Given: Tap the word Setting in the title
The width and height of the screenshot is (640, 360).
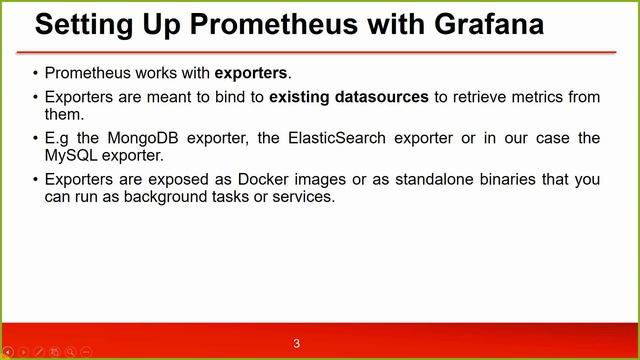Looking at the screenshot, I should (x=80, y=25).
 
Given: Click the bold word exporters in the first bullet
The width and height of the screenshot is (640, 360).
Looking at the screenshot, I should (x=251, y=73).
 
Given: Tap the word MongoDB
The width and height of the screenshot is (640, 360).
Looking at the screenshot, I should (x=146, y=138).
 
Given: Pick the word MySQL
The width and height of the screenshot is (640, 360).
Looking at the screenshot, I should (x=69, y=156).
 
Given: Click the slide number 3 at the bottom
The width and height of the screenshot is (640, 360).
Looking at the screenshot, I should (x=297, y=344).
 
